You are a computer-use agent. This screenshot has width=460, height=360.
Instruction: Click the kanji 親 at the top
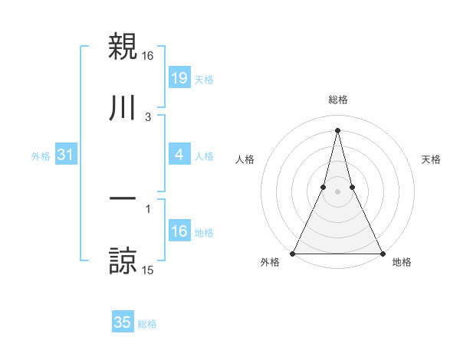pyautogui.click(x=123, y=47)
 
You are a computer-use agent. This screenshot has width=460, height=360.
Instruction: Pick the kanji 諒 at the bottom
pyautogui.click(x=123, y=261)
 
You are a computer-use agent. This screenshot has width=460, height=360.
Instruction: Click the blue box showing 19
pyautogui.click(x=179, y=79)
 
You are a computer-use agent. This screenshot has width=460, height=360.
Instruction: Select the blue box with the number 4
pyautogui.click(x=179, y=155)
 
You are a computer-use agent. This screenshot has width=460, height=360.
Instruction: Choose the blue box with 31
pyautogui.click(x=65, y=155)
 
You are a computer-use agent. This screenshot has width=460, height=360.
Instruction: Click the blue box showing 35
pyautogui.click(x=123, y=322)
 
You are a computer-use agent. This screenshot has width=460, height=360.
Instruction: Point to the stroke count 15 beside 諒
pyautogui.click(x=148, y=270)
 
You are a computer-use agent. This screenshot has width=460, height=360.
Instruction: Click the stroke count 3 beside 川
pyautogui.click(x=148, y=117)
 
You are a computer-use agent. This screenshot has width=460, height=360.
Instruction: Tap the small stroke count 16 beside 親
pyautogui.click(x=148, y=56)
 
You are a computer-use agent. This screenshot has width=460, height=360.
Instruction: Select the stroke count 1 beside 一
pyautogui.click(x=148, y=208)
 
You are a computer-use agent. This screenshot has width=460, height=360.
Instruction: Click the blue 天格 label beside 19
pyautogui.click(x=204, y=80)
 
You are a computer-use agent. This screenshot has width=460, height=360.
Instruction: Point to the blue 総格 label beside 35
pyautogui.click(x=147, y=324)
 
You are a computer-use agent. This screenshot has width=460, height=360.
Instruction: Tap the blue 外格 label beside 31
pyautogui.click(x=41, y=156)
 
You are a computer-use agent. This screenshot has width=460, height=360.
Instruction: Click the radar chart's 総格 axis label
pyautogui.click(x=337, y=100)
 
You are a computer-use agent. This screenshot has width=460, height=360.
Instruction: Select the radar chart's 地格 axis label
pyautogui.click(x=402, y=262)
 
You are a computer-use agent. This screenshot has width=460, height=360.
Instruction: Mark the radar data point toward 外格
pyautogui.click(x=293, y=253)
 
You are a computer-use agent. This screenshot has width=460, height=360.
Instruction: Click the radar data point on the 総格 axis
pyautogui.click(x=337, y=129)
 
